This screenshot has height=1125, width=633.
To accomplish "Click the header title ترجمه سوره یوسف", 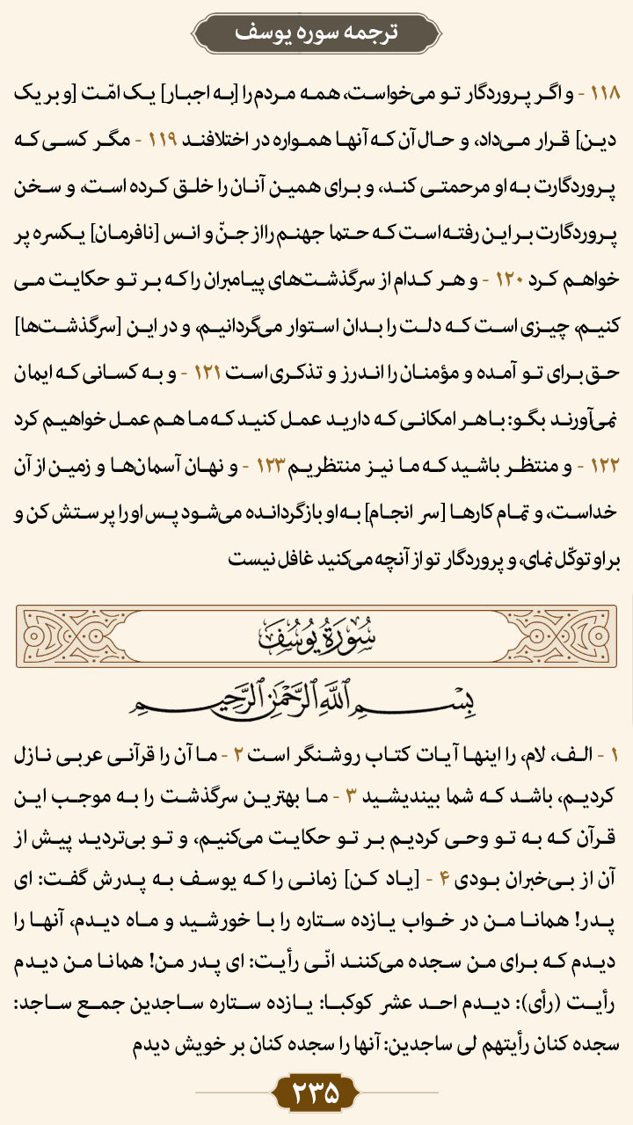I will pos(316,33).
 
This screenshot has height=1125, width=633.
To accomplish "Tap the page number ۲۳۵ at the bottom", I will pos(316,1094).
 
